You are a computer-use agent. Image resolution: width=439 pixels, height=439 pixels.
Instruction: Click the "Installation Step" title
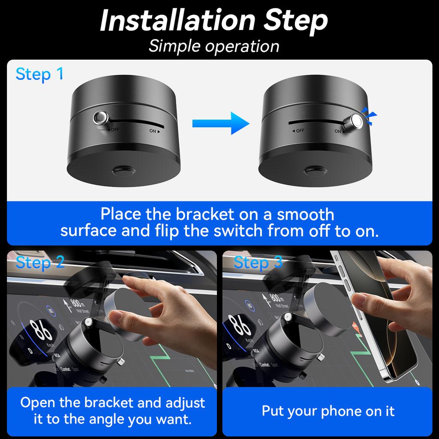214,20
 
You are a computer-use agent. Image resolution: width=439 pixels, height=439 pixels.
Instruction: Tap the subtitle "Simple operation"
214,46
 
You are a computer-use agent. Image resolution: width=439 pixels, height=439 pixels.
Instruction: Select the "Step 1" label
39,74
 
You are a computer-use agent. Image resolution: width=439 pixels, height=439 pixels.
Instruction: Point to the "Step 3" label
258,262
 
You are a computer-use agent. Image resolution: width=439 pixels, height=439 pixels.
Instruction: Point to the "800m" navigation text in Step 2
77,301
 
